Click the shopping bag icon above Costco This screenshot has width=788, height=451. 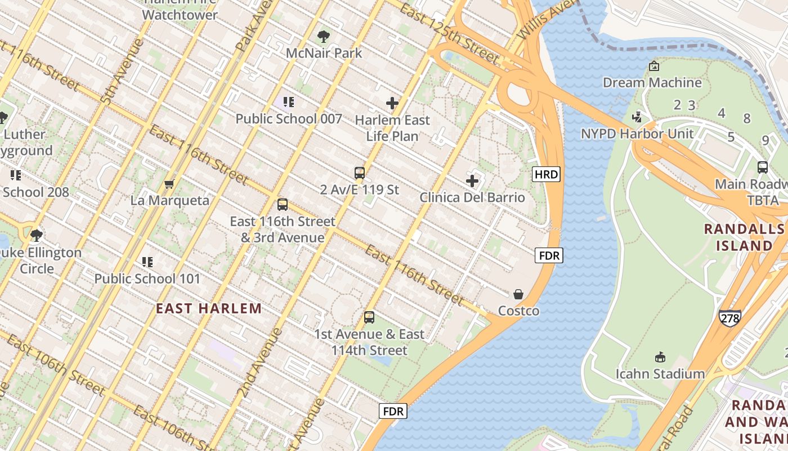pos(518,294)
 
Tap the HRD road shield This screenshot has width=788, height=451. pos(547,174)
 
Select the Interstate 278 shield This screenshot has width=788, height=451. pos(729,317)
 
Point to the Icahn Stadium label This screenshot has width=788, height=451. pos(660,374)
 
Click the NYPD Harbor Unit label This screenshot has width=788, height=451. pos(637,134)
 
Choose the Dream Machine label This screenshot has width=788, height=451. pos(652,82)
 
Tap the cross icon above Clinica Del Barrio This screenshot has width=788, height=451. pos(472,181)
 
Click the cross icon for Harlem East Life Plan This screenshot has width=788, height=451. pos(392,103)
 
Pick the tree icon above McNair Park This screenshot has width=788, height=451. pos(324,37)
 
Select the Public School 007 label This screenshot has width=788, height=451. pos(288,118)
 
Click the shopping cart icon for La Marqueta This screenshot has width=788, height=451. pos(169,184)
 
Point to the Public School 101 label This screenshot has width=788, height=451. pos(147,278)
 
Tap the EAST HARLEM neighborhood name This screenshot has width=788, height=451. pos(209,308)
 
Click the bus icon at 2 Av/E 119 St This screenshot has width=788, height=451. pos(360,173)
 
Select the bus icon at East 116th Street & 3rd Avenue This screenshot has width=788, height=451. pos(283,205)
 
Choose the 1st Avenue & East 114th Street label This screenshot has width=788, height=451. pos(369,342)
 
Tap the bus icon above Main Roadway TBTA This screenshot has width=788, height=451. pos(763,167)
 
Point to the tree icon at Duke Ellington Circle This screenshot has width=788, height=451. pos(37,235)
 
